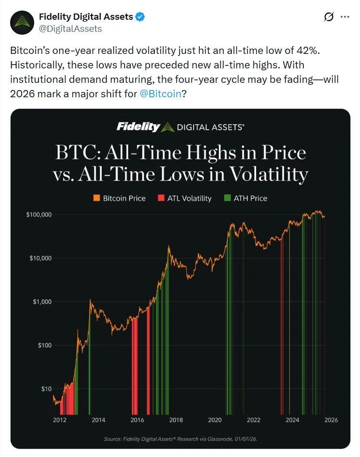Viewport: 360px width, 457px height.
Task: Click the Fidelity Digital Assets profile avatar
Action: [x=21, y=22]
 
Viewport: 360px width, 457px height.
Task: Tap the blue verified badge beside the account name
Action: [x=140, y=17]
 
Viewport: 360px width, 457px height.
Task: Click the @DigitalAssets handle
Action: [x=70, y=28]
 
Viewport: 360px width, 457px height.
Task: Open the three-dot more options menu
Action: [x=345, y=17]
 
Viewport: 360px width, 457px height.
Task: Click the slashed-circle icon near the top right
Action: [x=329, y=17]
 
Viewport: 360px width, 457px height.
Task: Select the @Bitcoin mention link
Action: [x=160, y=93]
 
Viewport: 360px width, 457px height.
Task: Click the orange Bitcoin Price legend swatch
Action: [x=97, y=198]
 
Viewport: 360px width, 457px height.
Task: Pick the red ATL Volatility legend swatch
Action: [x=162, y=198]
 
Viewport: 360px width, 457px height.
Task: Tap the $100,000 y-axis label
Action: [x=39, y=214]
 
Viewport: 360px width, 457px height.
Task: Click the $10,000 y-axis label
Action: [x=40, y=258]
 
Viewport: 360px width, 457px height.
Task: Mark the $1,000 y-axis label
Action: [x=42, y=302]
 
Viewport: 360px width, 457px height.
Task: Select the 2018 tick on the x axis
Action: [x=176, y=420]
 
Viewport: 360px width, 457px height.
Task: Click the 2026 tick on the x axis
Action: [x=331, y=420]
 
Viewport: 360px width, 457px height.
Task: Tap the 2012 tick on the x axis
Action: [x=60, y=420]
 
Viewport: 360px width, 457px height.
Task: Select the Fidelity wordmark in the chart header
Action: [x=138, y=127]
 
